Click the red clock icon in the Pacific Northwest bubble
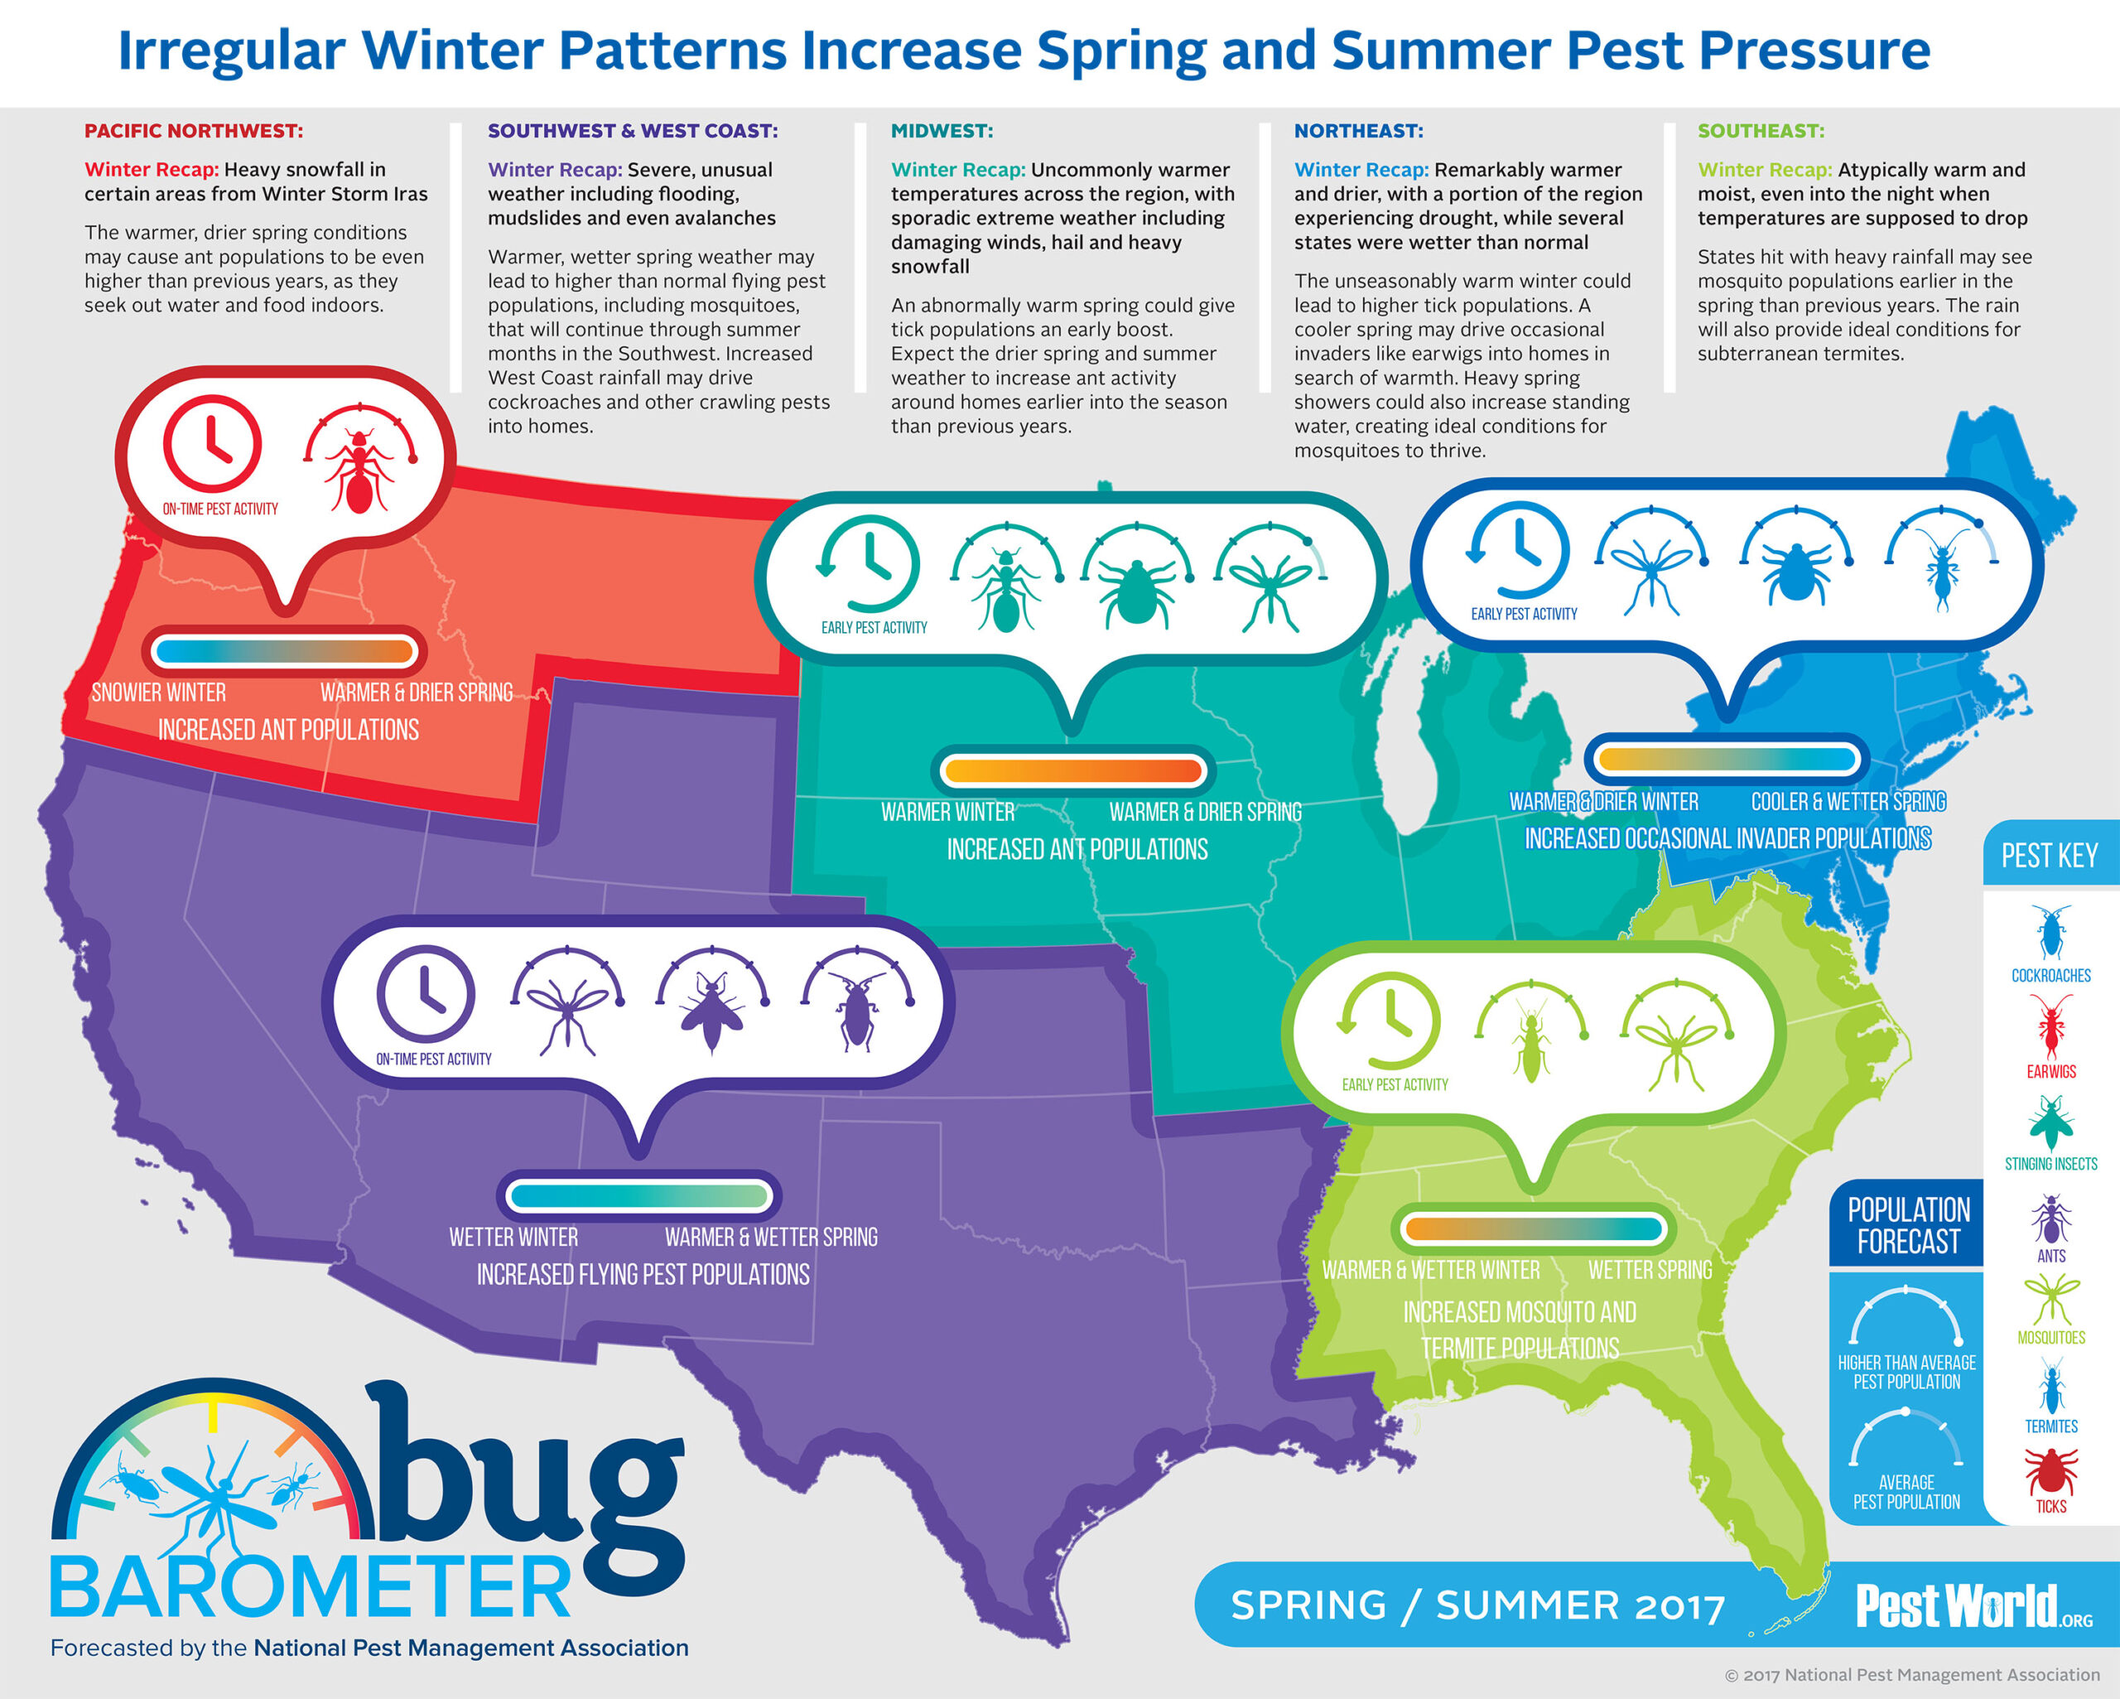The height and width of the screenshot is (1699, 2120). tap(212, 444)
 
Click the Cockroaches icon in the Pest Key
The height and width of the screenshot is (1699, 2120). tap(2050, 932)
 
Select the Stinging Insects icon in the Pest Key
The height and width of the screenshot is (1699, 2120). tap(2051, 1122)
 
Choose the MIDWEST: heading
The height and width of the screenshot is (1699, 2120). tap(942, 131)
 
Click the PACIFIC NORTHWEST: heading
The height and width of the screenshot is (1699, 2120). tap(194, 131)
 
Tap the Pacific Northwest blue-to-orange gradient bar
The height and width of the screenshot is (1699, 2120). tap(285, 650)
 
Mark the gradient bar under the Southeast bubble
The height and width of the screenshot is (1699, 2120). tap(1533, 1228)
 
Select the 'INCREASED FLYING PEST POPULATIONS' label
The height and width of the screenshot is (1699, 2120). tap(643, 1275)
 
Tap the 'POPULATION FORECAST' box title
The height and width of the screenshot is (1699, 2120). tap(1909, 1226)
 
